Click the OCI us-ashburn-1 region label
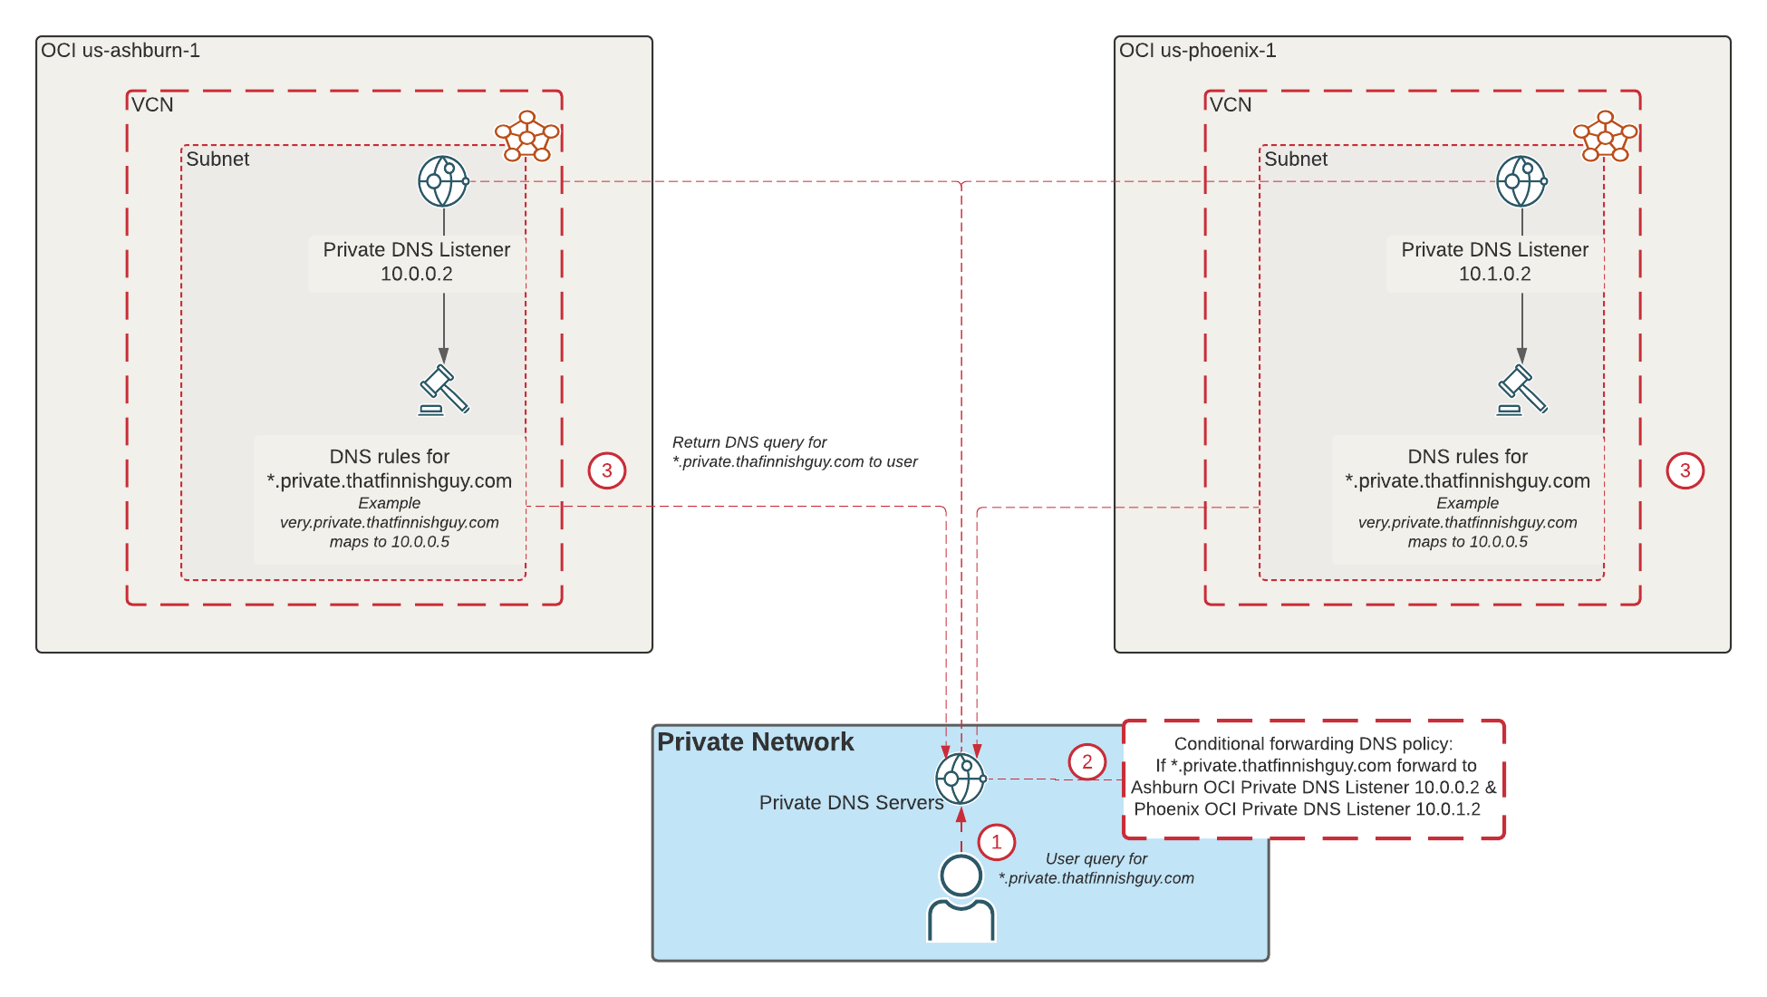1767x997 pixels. pyautogui.click(x=121, y=51)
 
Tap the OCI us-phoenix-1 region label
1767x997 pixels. pyautogui.click(x=1197, y=51)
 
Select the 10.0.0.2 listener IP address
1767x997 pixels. pyautogui.click(x=416, y=274)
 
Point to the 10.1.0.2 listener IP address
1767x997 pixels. pyautogui.click(x=1494, y=274)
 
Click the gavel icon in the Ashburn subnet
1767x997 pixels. pyautogui.click(x=444, y=390)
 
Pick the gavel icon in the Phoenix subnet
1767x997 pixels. pyautogui.click(x=1522, y=390)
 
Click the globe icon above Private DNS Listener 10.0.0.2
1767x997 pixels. pyautogui.click(x=443, y=181)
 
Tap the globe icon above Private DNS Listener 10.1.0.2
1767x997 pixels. pyautogui.click(x=1521, y=181)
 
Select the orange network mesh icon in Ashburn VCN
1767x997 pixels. pyautogui.click(x=526, y=136)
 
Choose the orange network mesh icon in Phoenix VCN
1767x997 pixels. pyautogui.click(x=1605, y=136)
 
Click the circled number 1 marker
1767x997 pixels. pyautogui.click(x=997, y=842)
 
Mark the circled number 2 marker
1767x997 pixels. pyautogui.click(x=1087, y=762)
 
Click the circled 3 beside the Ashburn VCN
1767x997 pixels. pyautogui.click(x=607, y=470)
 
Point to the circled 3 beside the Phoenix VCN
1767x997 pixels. pyautogui.click(x=1685, y=470)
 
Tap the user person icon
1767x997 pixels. pyautogui.click(x=961, y=897)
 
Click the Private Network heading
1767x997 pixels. pyautogui.click(x=755, y=742)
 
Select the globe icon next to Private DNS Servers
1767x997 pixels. pyautogui.click(x=961, y=779)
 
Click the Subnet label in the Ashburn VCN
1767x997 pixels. pyautogui.click(x=217, y=160)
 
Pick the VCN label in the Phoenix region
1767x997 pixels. pyautogui.click(x=1231, y=105)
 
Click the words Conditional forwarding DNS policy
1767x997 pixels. pyautogui.click(x=1313, y=744)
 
